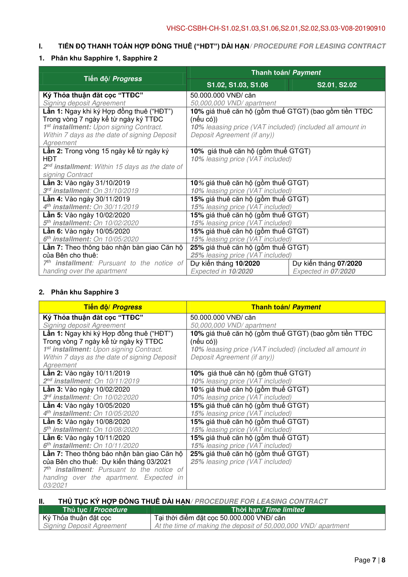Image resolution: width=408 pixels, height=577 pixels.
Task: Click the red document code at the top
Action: (x=276, y=28)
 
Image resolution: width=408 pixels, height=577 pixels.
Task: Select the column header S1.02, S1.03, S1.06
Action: (x=237, y=85)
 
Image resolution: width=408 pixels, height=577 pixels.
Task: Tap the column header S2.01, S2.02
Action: (x=337, y=85)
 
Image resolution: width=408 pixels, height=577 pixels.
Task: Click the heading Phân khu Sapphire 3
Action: (x=85, y=292)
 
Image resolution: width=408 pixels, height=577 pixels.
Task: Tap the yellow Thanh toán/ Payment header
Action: (x=286, y=307)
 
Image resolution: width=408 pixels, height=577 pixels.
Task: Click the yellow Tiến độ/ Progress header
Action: (x=113, y=307)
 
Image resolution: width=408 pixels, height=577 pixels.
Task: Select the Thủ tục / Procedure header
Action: (x=95, y=510)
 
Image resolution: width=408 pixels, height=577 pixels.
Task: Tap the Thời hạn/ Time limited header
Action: (x=268, y=510)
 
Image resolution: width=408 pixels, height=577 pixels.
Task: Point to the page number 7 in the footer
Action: (x=374, y=560)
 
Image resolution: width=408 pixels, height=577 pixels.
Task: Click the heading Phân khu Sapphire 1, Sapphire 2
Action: (x=104, y=58)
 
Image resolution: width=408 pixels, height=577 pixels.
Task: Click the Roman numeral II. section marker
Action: (x=41, y=501)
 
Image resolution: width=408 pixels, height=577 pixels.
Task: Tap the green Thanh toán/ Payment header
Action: (x=286, y=73)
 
